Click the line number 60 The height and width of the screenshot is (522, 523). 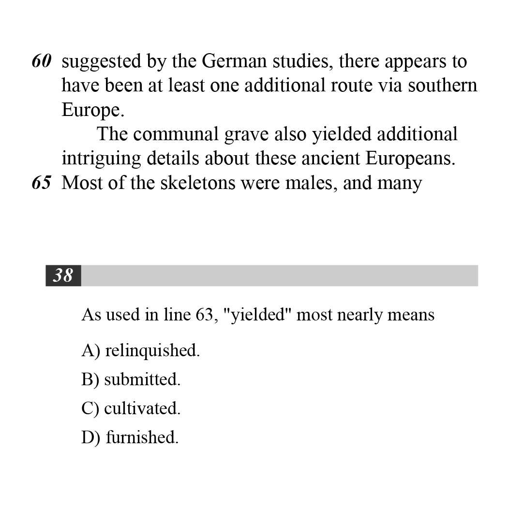point(42,61)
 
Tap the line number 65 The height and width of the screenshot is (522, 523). point(42,183)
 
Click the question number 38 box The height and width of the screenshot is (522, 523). point(63,275)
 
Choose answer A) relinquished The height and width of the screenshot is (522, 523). point(141,350)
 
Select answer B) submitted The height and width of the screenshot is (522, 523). point(131,379)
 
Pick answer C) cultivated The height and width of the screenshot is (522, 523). point(131,408)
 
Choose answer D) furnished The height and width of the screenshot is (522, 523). point(130,437)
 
